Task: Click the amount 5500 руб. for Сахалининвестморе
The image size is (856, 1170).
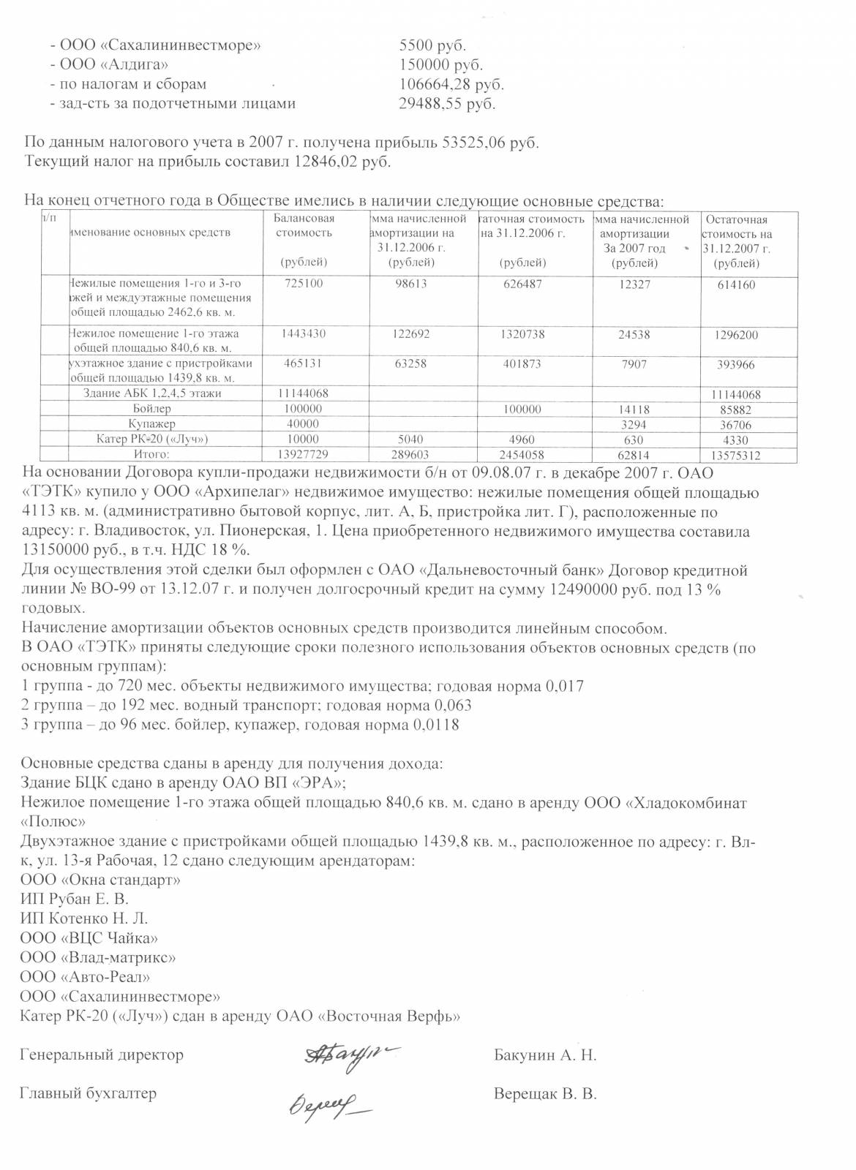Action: (x=432, y=45)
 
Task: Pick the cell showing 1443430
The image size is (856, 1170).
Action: (x=304, y=334)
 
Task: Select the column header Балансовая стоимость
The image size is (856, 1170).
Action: (x=304, y=226)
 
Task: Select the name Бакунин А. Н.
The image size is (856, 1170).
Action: (x=545, y=1055)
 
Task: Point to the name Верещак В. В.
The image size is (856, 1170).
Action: (x=545, y=1095)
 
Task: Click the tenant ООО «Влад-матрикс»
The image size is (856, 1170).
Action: (x=98, y=957)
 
